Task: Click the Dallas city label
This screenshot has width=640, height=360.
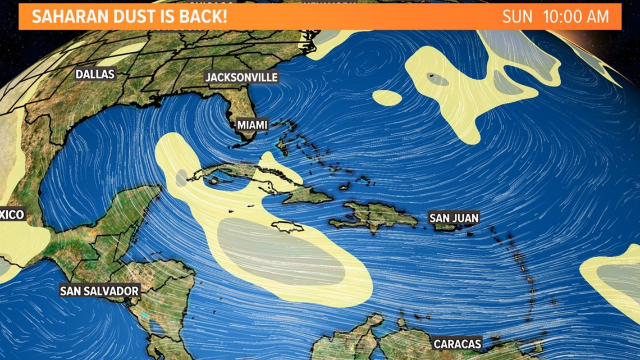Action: (95, 74)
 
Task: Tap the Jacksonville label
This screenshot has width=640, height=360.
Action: (241, 77)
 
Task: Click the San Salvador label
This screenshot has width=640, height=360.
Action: (99, 290)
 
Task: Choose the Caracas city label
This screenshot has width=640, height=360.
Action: (458, 343)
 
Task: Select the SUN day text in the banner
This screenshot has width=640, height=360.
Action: (517, 16)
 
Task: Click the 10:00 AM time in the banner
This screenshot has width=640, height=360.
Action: (576, 16)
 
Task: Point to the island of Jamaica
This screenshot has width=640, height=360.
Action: (287, 227)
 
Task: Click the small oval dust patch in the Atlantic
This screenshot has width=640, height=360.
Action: (387, 98)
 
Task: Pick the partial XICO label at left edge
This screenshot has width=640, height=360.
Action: (12, 214)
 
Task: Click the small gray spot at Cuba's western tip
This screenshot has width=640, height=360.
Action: (181, 178)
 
